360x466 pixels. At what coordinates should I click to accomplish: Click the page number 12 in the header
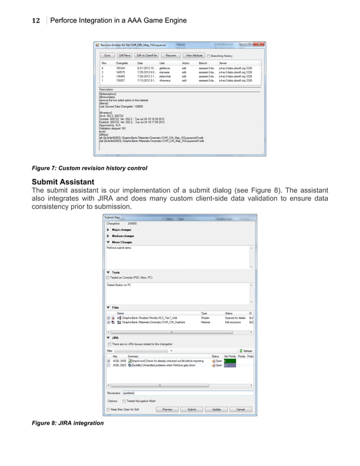click(x=35, y=21)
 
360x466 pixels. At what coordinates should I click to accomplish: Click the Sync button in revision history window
click(x=107, y=56)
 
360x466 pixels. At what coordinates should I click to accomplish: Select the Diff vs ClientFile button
click(x=147, y=56)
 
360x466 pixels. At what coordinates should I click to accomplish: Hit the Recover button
click(x=170, y=56)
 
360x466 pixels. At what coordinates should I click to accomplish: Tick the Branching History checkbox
click(x=209, y=56)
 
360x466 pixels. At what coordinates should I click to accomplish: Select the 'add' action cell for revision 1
click(x=184, y=81)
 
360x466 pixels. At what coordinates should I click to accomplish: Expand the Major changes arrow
click(x=108, y=230)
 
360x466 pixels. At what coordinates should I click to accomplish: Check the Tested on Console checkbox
click(x=108, y=278)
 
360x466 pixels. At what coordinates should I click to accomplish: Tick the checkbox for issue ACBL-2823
click(x=108, y=366)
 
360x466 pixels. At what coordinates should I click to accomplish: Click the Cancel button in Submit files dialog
click(x=240, y=409)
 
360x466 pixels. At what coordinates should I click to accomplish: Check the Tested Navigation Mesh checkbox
click(x=124, y=401)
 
